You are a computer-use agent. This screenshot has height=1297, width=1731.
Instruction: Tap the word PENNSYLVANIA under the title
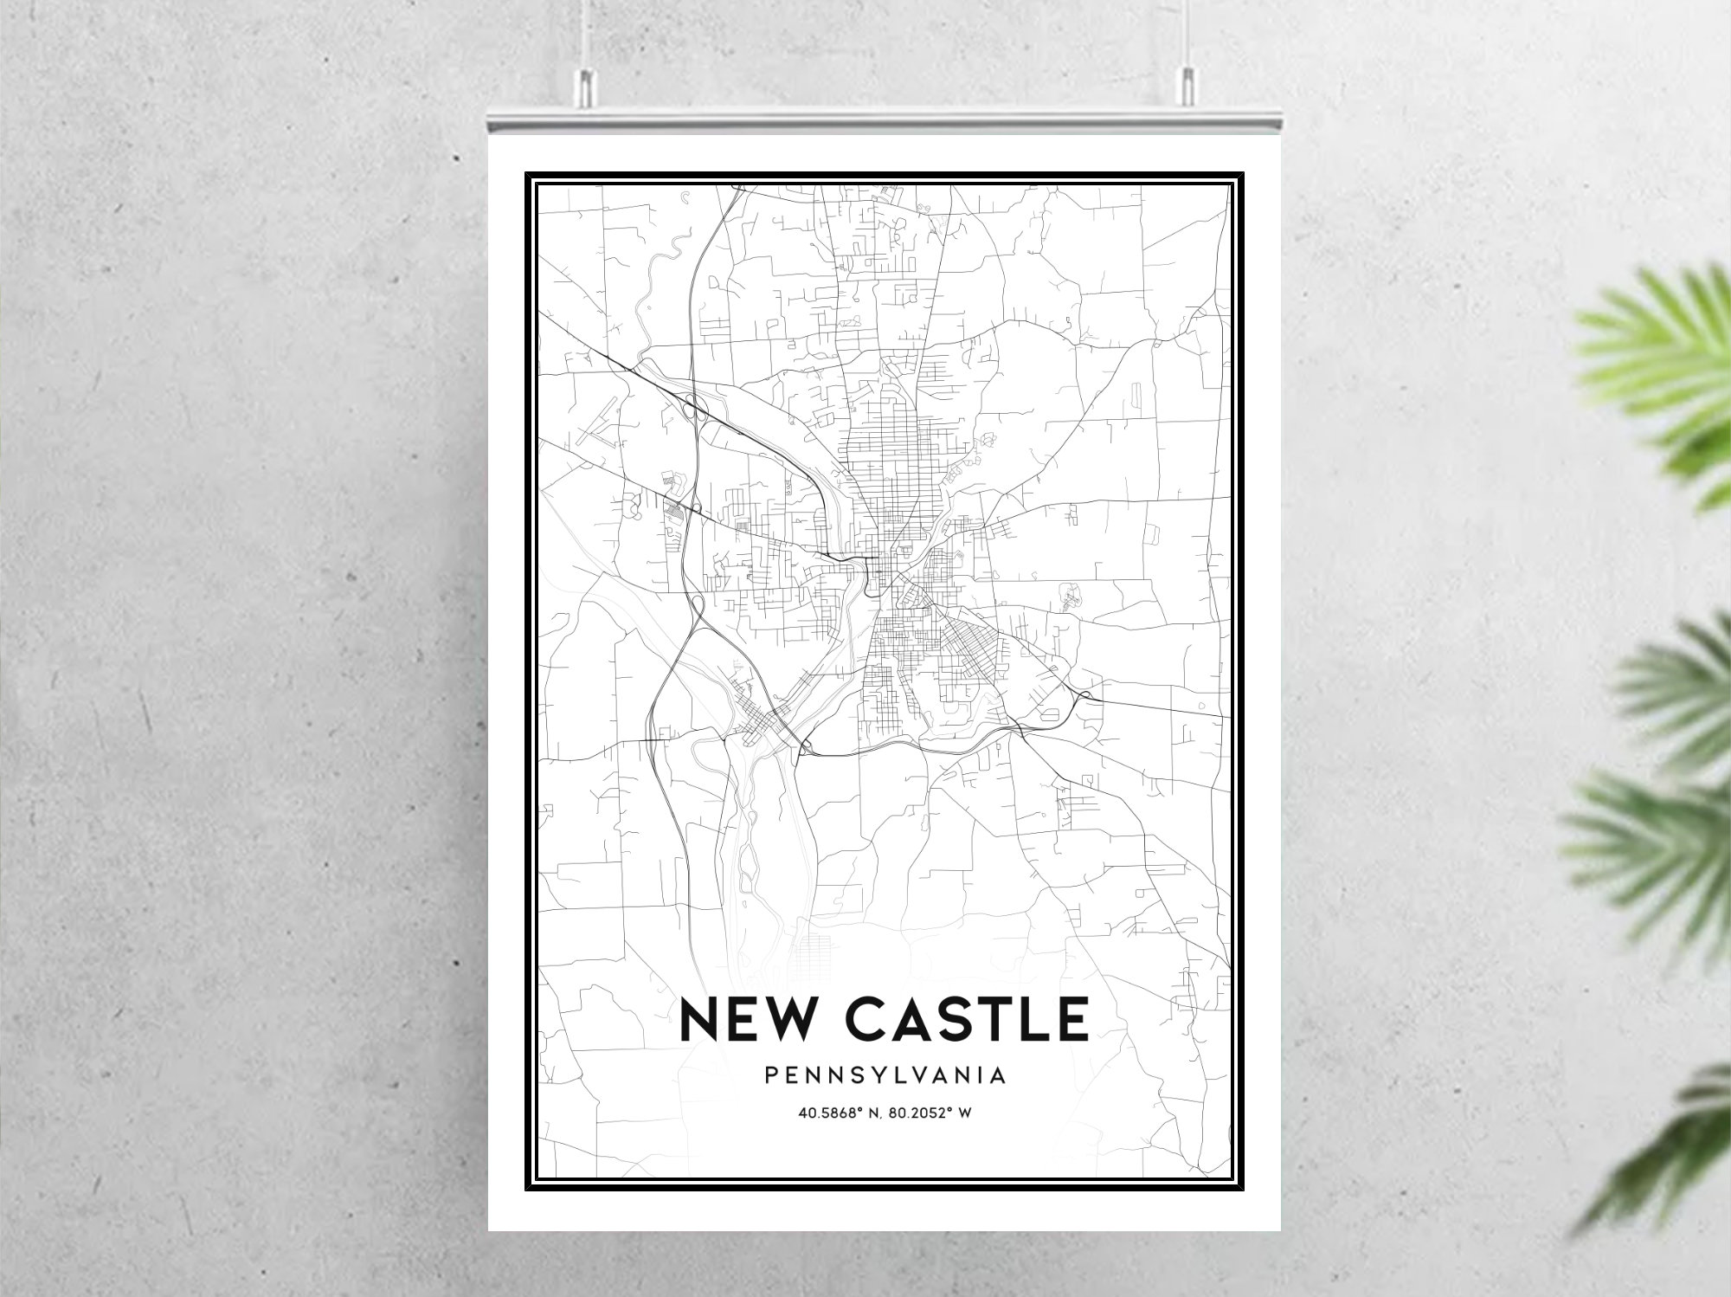(885, 1075)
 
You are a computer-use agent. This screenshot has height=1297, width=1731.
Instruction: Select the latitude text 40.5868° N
(836, 1113)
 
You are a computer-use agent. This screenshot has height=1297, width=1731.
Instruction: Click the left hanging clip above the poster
(585, 82)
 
